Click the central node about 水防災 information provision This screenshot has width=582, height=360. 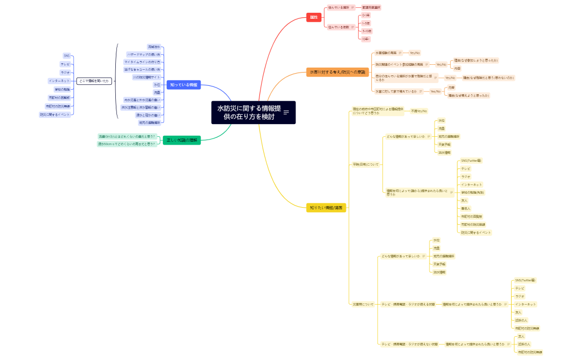click(x=249, y=112)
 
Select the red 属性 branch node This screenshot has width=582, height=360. click(x=314, y=18)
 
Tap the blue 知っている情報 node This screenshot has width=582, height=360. click(x=183, y=85)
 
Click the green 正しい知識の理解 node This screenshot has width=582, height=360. click(x=182, y=140)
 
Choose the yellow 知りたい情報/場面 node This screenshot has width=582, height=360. click(x=326, y=208)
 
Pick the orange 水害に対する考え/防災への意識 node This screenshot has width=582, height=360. click(x=338, y=72)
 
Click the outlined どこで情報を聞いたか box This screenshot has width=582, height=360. click(x=94, y=81)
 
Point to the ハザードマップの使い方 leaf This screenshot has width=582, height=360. click(x=144, y=55)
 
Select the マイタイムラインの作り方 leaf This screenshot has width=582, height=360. click(x=142, y=62)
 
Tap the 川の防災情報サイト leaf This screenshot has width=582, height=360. click(x=146, y=77)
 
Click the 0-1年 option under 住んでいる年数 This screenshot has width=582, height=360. click(x=366, y=16)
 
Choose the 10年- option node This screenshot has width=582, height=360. click(x=366, y=39)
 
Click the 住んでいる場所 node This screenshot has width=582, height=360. click(x=338, y=8)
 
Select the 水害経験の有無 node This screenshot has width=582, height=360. click(x=386, y=53)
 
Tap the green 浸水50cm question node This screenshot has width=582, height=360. click(x=127, y=144)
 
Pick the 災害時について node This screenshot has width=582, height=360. click(x=363, y=304)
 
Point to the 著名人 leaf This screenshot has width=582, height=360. click(x=466, y=208)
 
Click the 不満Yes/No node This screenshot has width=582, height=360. click(x=418, y=111)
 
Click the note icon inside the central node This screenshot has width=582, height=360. click(x=286, y=112)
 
